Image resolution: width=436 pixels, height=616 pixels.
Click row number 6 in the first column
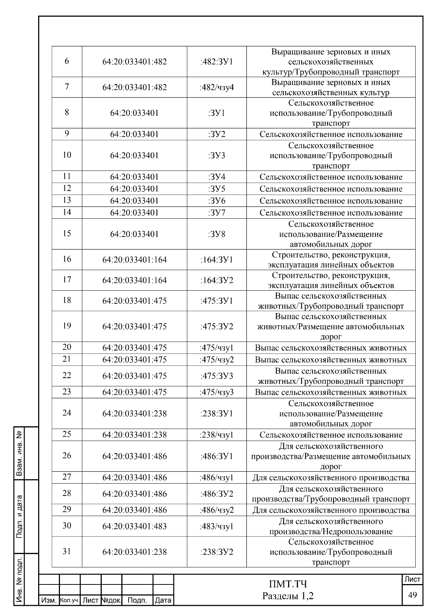click(x=67, y=61)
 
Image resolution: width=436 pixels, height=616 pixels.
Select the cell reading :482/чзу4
click(x=217, y=87)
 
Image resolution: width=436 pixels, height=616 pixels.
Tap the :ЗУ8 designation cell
click(x=217, y=234)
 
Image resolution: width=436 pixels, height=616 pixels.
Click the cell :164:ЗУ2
click(x=217, y=280)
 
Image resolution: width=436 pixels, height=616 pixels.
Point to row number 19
click(x=67, y=326)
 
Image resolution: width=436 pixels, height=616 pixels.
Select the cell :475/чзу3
click(x=217, y=392)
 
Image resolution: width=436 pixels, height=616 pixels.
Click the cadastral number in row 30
click(x=134, y=526)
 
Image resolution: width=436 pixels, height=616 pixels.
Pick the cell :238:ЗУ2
click(x=217, y=552)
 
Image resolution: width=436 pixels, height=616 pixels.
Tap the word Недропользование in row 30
click(x=358, y=532)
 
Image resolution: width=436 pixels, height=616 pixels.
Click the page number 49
click(x=412, y=595)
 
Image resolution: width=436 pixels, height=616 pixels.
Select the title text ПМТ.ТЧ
click(x=288, y=584)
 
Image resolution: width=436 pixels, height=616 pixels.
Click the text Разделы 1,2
click(x=288, y=596)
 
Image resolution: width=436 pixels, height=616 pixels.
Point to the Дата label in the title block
click(x=163, y=601)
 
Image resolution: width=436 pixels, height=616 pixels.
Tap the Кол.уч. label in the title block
click(x=69, y=601)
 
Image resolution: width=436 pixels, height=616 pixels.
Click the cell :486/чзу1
click(x=217, y=478)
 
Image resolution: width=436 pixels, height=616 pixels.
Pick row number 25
click(x=67, y=435)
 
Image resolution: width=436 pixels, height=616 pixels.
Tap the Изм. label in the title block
click(x=49, y=601)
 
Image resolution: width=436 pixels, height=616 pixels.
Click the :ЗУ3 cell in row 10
click(x=217, y=156)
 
